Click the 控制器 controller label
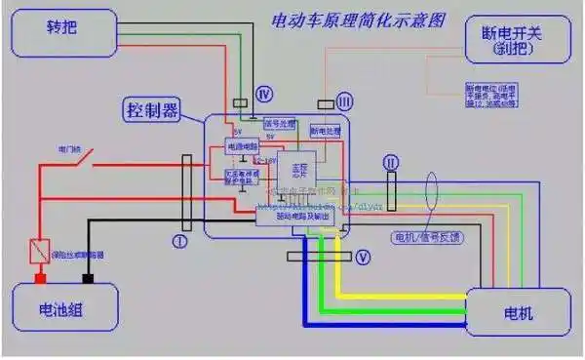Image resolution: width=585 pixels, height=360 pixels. pyautogui.click(x=152, y=109)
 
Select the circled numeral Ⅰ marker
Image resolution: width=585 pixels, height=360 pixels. pyautogui.click(x=178, y=239)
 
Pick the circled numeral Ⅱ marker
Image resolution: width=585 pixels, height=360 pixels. pyautogui.click(x=391, y=160)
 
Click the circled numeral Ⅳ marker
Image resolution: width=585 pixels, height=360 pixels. pyautogui.click(x=262, y=94)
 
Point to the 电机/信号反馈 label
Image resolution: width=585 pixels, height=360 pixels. pyautogui.click(x=427, y=237)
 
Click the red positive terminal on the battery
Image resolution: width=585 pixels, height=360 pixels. pyautogui.click(x=42, y=279)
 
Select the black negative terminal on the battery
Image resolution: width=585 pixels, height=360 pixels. pyautogui.click(x=88, y=279)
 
